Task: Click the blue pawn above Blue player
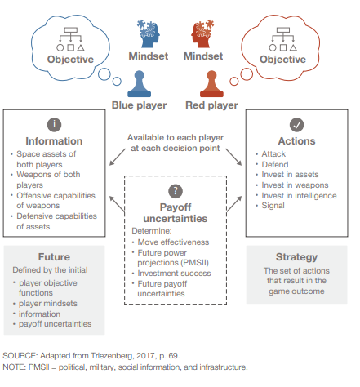(139, 84)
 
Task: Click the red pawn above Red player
(211, 84)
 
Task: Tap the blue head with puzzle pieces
(149, 33)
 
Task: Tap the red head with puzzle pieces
(202, 33)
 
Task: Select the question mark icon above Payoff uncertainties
(176, 191)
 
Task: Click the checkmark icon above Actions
(296, 125)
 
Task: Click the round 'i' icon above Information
(54, 125)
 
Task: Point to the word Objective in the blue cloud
(70, 60)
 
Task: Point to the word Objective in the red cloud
(282, 60)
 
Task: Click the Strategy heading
(296, 257)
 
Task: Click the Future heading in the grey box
(54, 257)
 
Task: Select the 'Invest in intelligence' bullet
(299, 196)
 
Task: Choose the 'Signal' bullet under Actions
(273, 206)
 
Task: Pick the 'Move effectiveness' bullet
(173, 242)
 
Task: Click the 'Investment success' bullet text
(174, 274)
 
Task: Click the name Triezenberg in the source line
(112, 356)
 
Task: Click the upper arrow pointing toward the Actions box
(233, 157)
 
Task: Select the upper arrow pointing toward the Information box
(118, 157)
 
